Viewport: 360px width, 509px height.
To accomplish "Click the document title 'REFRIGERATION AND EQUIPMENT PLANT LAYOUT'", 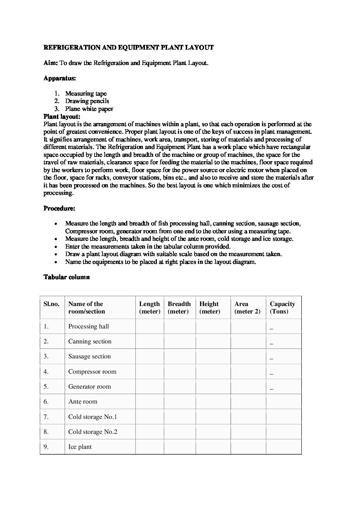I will coord(128,48).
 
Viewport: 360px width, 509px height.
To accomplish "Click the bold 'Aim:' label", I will coord(51,63).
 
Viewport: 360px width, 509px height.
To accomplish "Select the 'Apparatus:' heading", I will coord(60,78).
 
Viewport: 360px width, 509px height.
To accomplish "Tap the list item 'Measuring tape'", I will coord(86,94).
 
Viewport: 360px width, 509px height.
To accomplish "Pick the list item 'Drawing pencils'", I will coord(87,101).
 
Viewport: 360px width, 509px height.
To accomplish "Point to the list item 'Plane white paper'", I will coord(89,109).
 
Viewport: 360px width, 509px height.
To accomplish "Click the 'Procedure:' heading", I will coord(59,208).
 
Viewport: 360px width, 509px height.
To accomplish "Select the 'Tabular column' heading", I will coord(66,277).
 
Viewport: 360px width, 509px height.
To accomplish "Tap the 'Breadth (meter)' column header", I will coord(179,307).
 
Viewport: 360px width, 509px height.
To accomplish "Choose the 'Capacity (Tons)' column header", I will coord(282,307).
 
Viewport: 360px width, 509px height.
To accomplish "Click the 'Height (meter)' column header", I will coord(210,307).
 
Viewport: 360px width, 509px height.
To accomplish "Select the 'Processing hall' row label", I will coord(88,326).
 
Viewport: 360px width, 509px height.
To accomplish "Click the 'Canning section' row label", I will coord(90,341).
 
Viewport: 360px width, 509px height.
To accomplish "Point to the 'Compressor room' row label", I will coord(92,372).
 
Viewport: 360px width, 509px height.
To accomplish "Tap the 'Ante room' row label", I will coord(83,402).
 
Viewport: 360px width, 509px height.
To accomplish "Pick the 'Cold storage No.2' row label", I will coord(93,432).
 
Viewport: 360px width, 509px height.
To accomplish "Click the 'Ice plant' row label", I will coord(80,447).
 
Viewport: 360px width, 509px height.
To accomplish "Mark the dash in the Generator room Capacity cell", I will coord(272,389).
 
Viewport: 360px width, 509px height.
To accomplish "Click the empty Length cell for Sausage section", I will coord(149,356).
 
